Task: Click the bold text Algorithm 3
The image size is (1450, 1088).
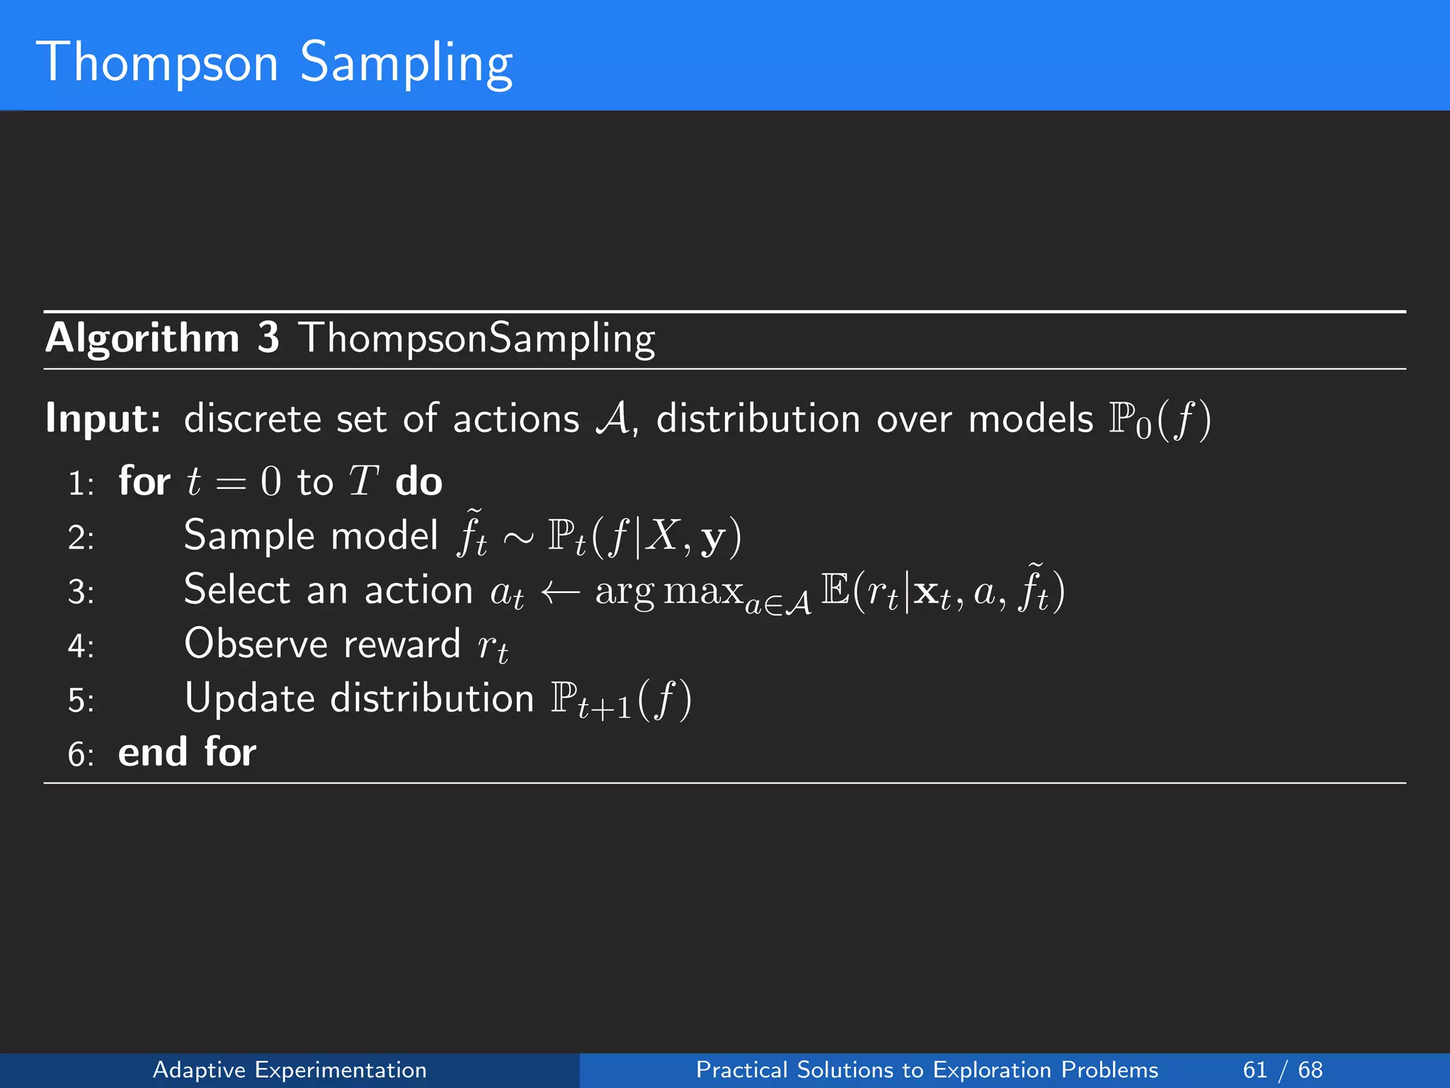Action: (x=162, y=338)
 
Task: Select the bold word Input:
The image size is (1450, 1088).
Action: (x=103, y=418)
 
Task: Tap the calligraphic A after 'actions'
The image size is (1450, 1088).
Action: (x=613, y=418)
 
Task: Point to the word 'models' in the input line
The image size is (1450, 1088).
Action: (x=1030, y=418)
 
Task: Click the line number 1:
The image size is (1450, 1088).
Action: (x=81, y=484)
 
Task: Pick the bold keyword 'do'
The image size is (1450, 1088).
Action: (x=418, y=482)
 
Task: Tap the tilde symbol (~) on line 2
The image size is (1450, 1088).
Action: (x=518, y=538)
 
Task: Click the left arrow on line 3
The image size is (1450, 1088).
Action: (x=560, y=591)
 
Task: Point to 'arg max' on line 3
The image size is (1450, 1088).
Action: (x=668, y=591)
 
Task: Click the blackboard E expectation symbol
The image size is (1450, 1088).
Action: (x=835, y=590)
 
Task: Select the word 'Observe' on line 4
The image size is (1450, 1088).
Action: (x=256, y=644)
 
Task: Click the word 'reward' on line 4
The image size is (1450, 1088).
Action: (x=402, y=645)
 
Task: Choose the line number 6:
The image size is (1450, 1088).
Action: (x=81, y=755)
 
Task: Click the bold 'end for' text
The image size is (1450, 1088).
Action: (x=187, y=752)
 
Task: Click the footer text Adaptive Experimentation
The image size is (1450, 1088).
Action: (x=290, y=1070)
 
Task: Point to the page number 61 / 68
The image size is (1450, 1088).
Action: (x=1282, y=1070)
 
